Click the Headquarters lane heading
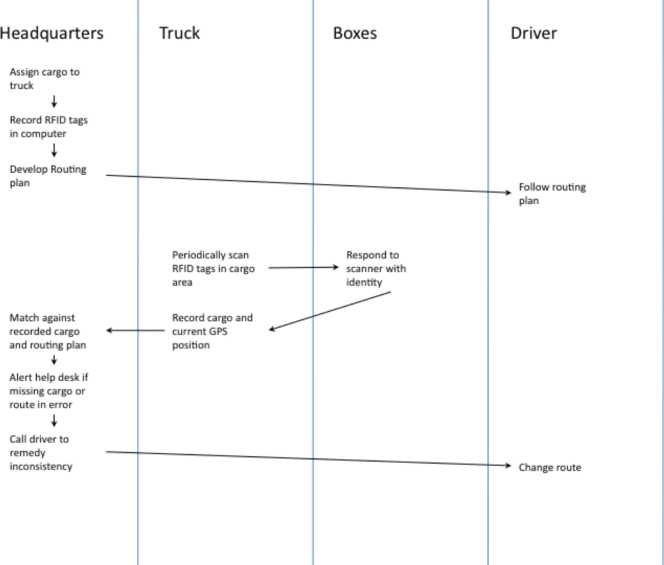(x=52, y=34)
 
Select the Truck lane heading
(x=180, y=33)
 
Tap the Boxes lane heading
(x=355, y=33)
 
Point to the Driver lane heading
(x=534, y=33)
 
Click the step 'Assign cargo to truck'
(x=45, y=79)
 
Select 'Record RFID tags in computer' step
(x=49, y=127)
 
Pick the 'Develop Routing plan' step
(x=48, y=176)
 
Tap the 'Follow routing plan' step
(x=552, y=194)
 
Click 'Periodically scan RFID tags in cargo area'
(x=213, y=268)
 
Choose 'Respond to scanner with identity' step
(x=376, y=268)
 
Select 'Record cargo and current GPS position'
(x=212, y=331)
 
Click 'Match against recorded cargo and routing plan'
(x=48, y=331)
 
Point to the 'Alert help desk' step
(x=49, y=391)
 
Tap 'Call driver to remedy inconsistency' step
(x=41, y=453)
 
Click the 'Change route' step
(x=550, y=467)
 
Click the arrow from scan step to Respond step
(x=304, y=268)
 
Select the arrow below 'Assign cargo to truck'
(x=54, y=102)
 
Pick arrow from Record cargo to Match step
(x=135, y=331)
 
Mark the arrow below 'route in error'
(x=54, y=421)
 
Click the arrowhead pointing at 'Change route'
(x=508, y=465)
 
